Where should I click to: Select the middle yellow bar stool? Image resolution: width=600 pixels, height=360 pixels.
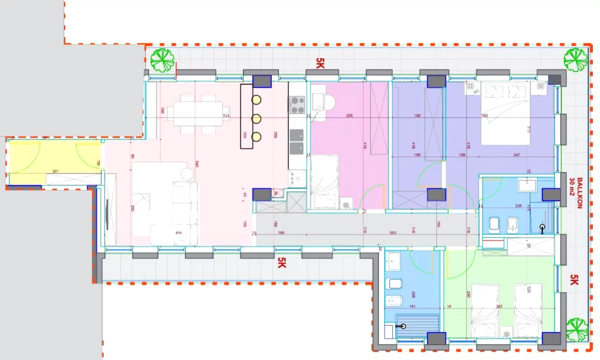256,118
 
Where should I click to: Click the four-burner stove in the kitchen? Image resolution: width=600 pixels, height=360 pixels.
297,105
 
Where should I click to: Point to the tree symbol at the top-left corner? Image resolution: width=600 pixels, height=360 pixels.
162,58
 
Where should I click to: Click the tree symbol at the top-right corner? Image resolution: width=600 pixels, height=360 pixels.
575,58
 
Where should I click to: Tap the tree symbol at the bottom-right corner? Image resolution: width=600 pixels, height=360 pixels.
577,329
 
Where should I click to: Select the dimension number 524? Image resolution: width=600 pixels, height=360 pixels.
226,116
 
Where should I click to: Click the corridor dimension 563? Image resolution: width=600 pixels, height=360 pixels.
392,232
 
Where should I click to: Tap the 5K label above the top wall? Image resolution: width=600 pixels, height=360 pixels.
320,62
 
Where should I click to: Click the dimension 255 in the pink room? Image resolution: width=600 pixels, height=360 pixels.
349,116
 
